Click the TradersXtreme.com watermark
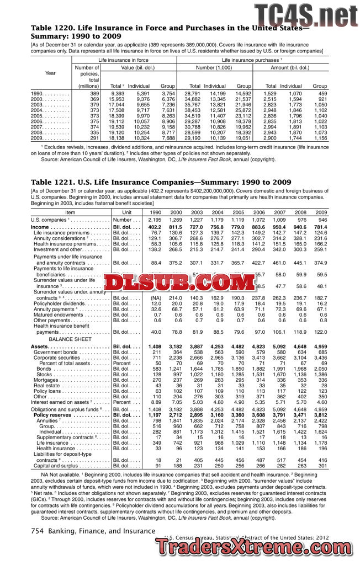point(257,548)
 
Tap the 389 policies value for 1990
point(94,94)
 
